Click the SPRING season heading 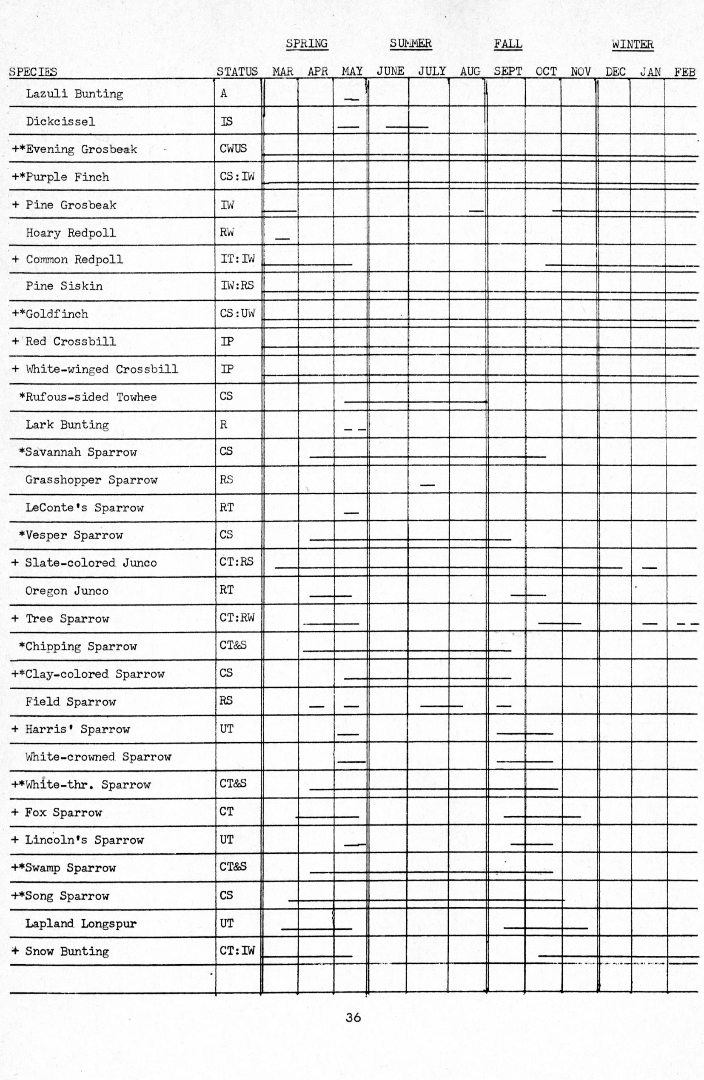306,43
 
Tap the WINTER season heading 632,45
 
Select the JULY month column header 432,71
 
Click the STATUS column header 237,72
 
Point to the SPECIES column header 33,72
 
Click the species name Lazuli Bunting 74,94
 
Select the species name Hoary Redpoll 71,233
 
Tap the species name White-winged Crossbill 102,369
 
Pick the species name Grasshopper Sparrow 91,480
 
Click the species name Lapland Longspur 81,923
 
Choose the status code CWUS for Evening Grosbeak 233,149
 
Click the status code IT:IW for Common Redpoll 237,259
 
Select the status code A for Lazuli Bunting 224,94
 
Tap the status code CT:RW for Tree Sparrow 237,618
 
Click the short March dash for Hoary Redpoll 282,239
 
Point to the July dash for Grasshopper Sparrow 427,485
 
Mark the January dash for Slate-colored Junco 649,568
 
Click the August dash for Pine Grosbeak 476,211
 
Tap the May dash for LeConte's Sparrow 351,513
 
